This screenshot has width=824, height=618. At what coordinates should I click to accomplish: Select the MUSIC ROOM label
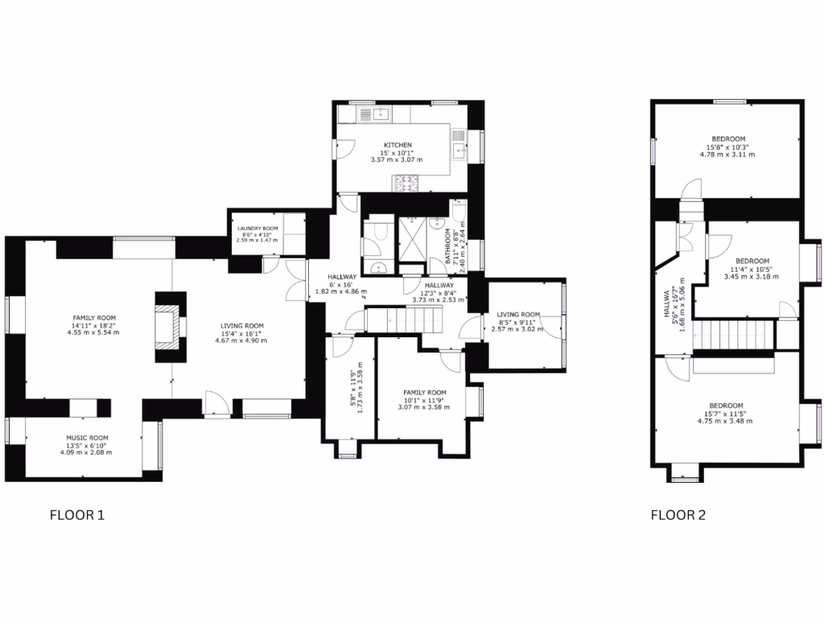pos(86,438)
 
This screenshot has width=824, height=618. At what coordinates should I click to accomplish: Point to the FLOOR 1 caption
pos(77,515)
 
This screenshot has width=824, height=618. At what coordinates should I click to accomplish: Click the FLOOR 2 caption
pos(678,515)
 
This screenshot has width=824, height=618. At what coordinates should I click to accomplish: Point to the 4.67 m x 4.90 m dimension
pos(241,340)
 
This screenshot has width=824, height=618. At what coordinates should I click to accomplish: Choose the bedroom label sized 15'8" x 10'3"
pos(727,138)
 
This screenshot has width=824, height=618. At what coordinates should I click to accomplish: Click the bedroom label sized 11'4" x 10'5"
pos(752,261)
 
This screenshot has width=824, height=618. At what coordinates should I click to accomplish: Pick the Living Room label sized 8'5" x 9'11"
pos(517,315)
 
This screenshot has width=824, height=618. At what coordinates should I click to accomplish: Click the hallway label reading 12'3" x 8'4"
pos(439,285)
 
